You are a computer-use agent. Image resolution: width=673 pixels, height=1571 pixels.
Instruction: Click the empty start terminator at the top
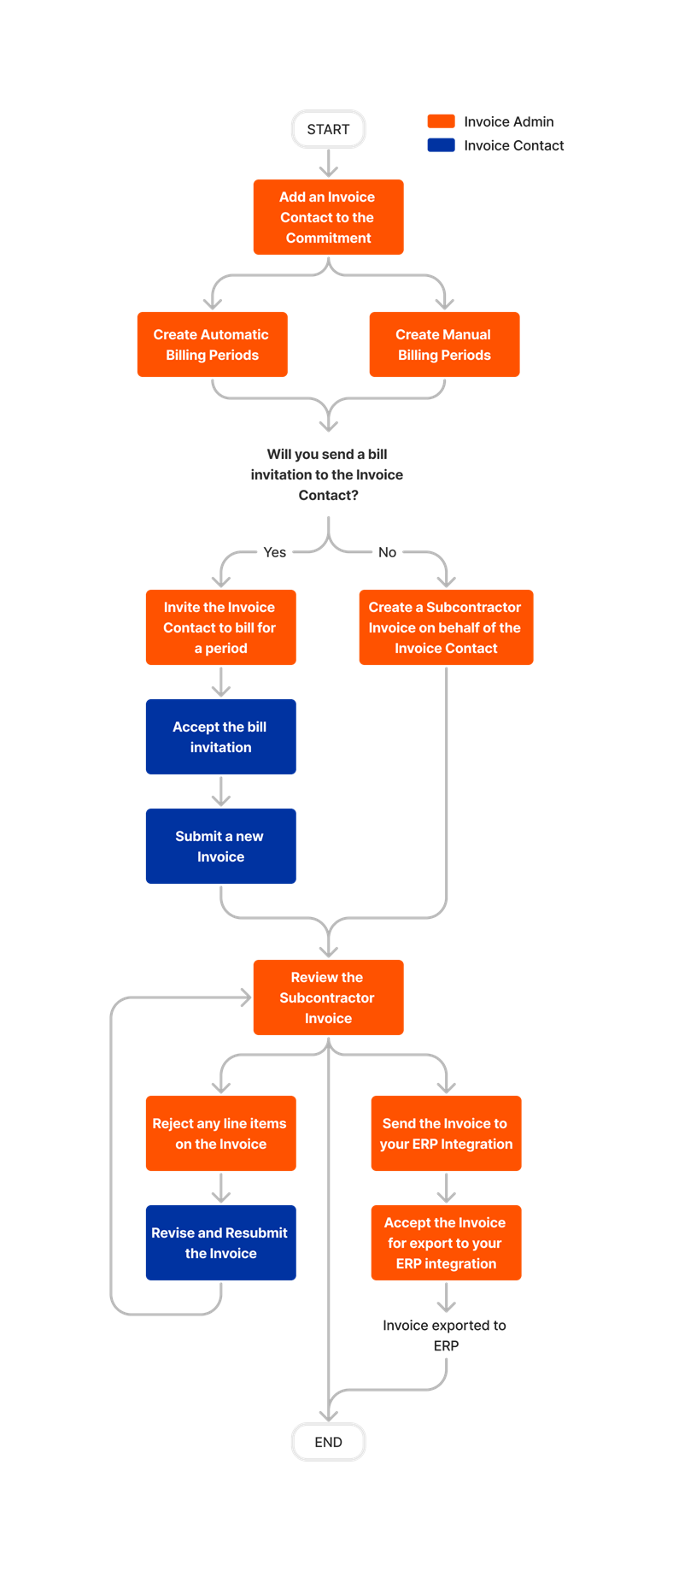[328, 129]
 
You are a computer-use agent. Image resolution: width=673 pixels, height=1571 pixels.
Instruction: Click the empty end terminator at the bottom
[328, 1441]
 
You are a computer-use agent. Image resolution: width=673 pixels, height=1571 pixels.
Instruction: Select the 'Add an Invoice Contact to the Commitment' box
[328, 217]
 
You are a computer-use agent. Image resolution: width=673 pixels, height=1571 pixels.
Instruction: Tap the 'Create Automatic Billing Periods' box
[212, 344]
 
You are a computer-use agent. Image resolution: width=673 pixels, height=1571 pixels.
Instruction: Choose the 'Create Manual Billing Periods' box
[444, 344]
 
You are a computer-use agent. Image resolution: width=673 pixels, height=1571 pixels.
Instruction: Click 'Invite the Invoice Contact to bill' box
[220, 627]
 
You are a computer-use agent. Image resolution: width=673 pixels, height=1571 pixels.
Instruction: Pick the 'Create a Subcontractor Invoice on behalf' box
[446, 627]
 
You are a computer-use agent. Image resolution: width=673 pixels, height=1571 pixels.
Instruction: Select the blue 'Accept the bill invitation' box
[220, 737]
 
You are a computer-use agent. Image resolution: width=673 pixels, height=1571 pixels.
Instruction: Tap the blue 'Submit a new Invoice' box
[220, 846]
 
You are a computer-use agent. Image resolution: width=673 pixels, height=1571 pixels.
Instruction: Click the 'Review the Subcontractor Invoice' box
[328, 997]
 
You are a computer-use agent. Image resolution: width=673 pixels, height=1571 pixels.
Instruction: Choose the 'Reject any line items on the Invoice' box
[220, 1133]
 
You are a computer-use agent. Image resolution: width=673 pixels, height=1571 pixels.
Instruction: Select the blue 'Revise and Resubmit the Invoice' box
[220, 1243]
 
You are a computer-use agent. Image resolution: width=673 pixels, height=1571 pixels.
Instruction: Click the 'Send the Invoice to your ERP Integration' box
[446, 1133]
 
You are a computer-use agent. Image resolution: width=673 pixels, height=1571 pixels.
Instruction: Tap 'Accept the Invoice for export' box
[446, 1243]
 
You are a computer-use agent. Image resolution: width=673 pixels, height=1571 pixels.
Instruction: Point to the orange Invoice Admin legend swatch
[441, 121]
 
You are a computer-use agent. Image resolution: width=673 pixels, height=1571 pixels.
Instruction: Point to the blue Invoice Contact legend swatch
[441, 145]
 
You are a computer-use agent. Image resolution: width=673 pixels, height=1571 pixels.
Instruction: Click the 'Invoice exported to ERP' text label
[445, 1335]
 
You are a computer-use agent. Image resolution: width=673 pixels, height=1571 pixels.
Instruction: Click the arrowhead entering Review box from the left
[246, 997]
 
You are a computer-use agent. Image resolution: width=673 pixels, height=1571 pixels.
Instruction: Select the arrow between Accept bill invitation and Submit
[221, 792]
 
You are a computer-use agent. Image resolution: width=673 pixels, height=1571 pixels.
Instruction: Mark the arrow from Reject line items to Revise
[221, 1189]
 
